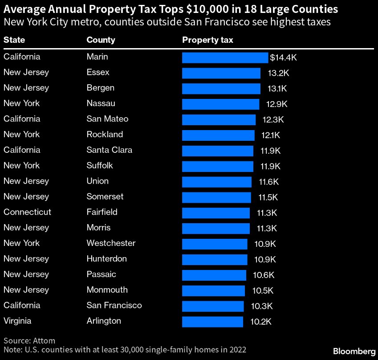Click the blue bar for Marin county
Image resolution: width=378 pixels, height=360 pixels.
coord(225,57)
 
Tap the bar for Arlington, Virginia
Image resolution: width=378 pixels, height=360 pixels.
coord(212,321)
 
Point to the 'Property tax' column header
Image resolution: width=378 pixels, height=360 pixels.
coord(207,40)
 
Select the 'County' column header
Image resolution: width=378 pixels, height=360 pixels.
coord(101,40)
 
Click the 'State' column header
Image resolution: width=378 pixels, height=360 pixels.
coord(14,40)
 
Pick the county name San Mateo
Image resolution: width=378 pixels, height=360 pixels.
coord(107,119)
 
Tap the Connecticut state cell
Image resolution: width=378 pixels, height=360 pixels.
coord(27,212)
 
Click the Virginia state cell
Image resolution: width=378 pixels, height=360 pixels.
coord(17,321)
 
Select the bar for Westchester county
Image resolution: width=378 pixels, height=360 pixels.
coord(215,244)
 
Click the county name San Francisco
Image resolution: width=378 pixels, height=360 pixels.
coord(114,305)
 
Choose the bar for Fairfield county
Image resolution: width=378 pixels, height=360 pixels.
coord(216,213)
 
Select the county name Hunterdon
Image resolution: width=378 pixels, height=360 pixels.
coord(106,259)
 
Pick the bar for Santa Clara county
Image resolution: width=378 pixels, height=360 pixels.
coord(218,151)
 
